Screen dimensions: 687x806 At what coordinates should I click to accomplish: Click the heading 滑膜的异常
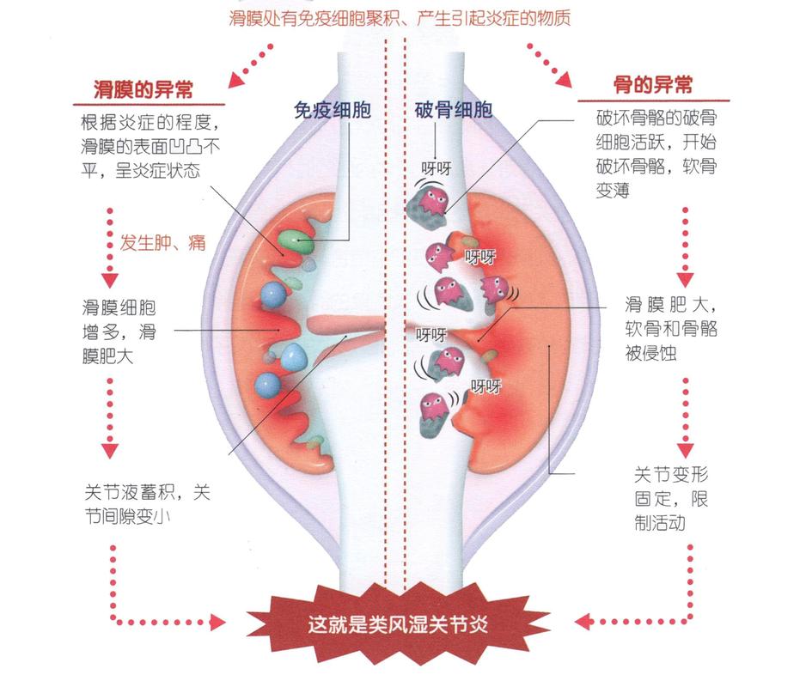(x=143, y=88)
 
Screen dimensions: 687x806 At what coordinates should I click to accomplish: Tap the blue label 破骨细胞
(x=455, y=111)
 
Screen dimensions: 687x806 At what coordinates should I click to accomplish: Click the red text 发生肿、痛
(x=162, y=242)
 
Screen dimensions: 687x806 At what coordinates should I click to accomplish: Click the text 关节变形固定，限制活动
(x=672, y=497)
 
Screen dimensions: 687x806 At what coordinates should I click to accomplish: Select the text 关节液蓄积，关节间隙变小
(x=147, y=506)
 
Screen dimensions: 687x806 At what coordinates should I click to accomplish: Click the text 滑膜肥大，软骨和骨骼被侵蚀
(x=672, y=328)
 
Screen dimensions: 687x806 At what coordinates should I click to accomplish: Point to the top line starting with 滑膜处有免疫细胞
(x=400, y=18)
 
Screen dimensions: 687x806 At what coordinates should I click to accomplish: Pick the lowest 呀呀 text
(x=485, y=386)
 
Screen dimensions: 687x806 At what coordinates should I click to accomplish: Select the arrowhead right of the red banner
(x=583, y=620)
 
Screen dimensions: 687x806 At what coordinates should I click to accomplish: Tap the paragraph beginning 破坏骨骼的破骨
(x=658, y=153)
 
